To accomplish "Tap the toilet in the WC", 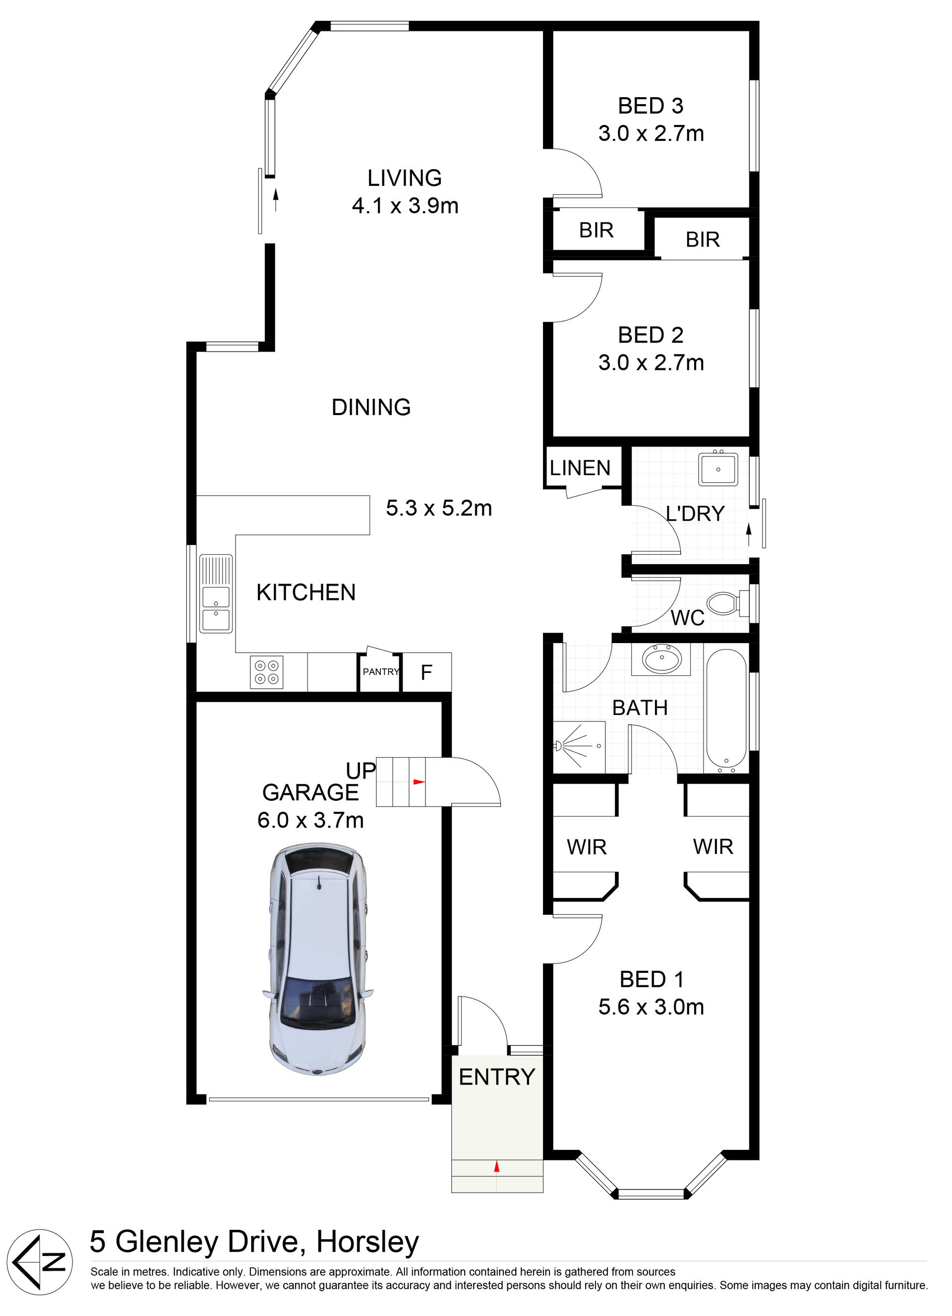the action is pyautogui.click(x=729, y=603).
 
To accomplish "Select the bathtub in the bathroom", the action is pyautogui.click(x=726, y=711).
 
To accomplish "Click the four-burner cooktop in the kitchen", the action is pyautogui.click(x=267, y=672).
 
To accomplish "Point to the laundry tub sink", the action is pyautogui.click(x=718, y=470).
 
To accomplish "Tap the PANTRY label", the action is pyautogui.click(x=381, y=672).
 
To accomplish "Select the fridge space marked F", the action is pyautogui.click(x=426, y=672).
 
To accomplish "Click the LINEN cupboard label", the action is pyautogui.click(x=580, y=468).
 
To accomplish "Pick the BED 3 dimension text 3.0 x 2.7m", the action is pyautogui.click(x=651, y=133).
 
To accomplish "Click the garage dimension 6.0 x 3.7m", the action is pyautogui.click(x=310, y=820).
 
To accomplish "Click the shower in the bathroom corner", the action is pyautogui.click(x=579, y=747).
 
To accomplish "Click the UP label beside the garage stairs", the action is pyautogui.click(x=361, y=771).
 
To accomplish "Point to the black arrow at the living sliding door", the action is pyautogui.click(x=275, y=200).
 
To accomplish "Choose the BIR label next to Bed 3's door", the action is pyautogui.click(x=596, y=231).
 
